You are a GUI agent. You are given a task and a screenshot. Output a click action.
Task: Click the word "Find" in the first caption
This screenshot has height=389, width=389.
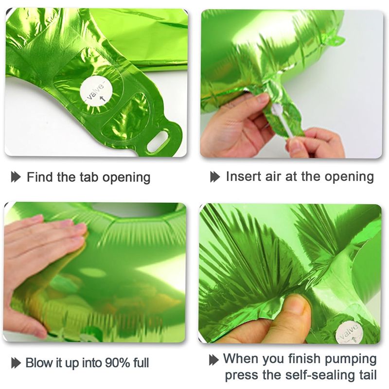coord(40,177)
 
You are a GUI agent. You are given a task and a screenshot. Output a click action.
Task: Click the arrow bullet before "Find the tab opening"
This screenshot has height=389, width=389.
coord(16,177)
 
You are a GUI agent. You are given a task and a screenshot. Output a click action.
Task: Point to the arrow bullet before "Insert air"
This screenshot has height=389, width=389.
coord(215,177)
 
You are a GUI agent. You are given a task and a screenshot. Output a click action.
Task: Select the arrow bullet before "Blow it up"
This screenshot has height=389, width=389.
coord(16,363)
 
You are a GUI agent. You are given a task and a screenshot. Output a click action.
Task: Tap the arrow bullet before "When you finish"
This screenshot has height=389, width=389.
coord(214,360)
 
